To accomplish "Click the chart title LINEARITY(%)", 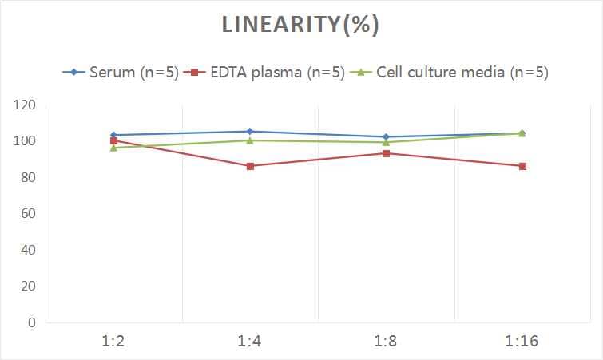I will (x=300, y=25).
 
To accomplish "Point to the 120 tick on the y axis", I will (x=24, y=105).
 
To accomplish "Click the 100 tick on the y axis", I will (x=24, y=141).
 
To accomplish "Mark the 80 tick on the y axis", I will (x=27, y=177).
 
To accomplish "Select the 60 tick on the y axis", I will (x=27, y=214).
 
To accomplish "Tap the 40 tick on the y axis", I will (x=27, y=250).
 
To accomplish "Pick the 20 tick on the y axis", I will (x=27, y=286).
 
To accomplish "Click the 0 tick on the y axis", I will (x=31, y=322).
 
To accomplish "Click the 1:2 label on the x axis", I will (x=114, y=341).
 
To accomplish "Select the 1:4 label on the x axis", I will (x=250, y=341).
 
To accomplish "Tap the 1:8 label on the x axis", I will (x=386, y=341).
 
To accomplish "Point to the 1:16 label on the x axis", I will (x=522, y=341).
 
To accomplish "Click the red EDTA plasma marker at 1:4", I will (x=250, y=166).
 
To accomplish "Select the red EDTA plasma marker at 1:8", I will (x=386, y=153).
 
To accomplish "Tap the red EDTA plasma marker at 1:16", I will (x=522, y=166).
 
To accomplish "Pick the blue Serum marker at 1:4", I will (x=250, y=131).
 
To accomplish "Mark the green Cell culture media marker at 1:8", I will (x=386, y=143).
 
